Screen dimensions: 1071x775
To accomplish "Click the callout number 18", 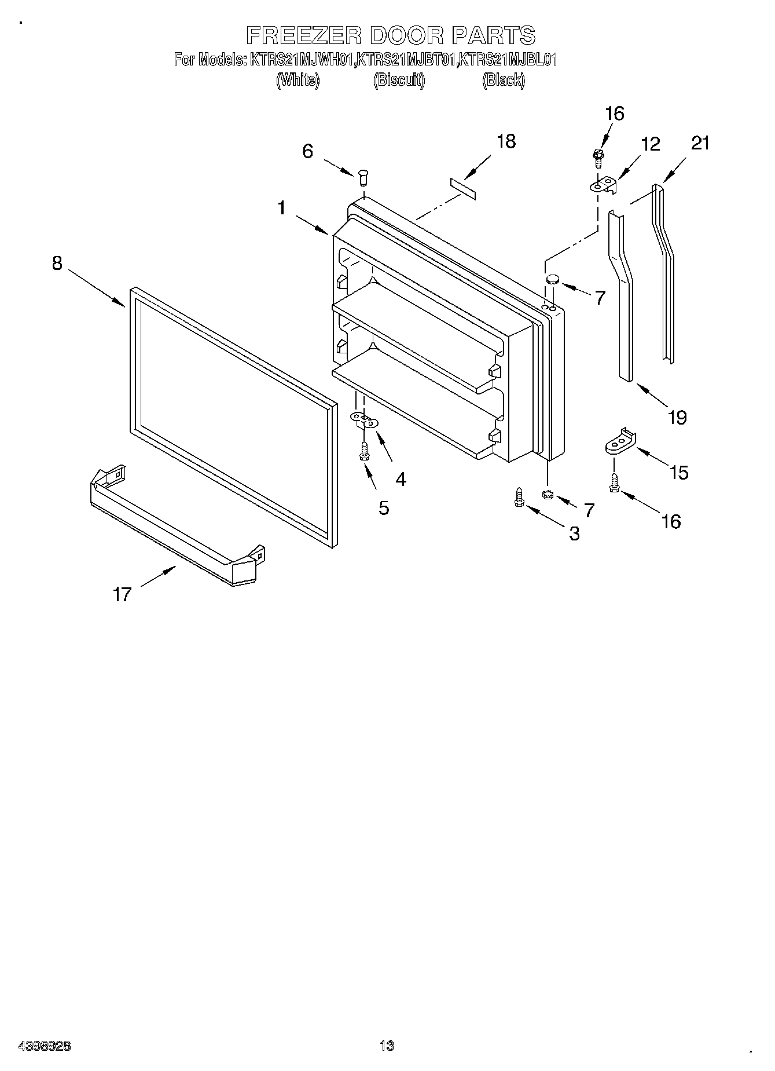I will (x=506, y=141).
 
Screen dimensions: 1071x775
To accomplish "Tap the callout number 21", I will (x=700, y=143).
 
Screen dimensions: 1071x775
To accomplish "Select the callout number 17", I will (x=122, y=594).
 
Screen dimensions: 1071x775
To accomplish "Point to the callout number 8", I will (x=57, y=263).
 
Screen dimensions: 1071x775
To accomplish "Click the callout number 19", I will (x=677, y=417).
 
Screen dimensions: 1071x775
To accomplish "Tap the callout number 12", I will (x=651, y=144).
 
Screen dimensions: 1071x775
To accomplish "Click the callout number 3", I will (x=574, y=533).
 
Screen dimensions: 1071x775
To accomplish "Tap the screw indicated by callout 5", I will (x=364, y=451).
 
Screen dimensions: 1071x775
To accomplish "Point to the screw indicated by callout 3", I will (x=519, y=498).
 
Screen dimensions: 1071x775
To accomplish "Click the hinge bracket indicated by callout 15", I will (x=619, y=443).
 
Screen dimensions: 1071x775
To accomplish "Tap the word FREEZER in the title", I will (x=304, y=36).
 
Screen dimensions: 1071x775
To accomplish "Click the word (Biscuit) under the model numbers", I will (x=399, y=80).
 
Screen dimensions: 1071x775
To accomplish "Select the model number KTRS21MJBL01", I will (x=507, y=60).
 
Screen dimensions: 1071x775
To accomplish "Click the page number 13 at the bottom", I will (x=387, y=1046).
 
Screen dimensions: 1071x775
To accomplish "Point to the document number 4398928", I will (x=45, y=1046).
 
